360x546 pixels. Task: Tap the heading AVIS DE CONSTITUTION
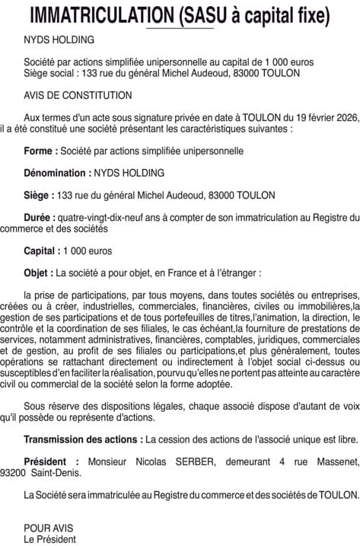point(78,95)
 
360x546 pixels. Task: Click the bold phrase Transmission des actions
point(83,439)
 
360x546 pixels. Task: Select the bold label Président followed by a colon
point(49,461)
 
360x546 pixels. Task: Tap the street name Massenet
point(332,461)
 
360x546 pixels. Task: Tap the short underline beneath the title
point(180,28)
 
